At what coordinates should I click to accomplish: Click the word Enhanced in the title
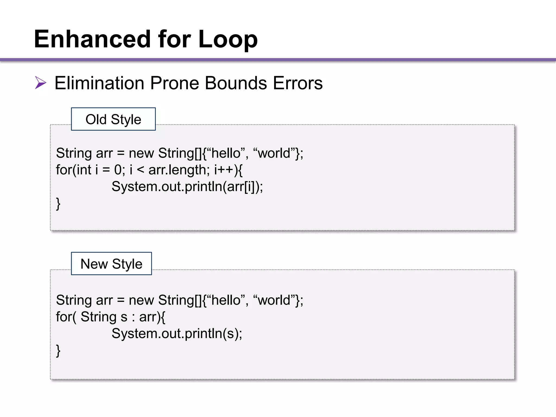pyautogui.click(x=92, y=39)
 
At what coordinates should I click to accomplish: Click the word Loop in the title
pyautogui.click(x=228, y=40)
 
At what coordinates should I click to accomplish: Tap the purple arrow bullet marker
pyautogui.click(x=40, y=83)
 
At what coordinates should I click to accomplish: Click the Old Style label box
pyautogui.click(x=113, y=119)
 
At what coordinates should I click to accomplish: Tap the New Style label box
pyautogui.click(x=111, y=264)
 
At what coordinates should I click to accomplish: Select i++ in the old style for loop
pyautogui.click(x=223, y=170)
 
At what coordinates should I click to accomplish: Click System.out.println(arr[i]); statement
pyautogui.click(x=187, y=187)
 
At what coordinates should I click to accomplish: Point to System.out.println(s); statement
pyautogui.click(x=177, y=333)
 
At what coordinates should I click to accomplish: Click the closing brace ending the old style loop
pyautogui.click(x=58, y=204)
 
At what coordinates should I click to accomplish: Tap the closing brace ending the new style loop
pyautogui.click(x=58, y=350)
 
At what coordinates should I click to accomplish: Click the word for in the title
pyautogui.click(x=174, y=39)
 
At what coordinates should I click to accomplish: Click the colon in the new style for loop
pyautogui.click(x=133, y=317)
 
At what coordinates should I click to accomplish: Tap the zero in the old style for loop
pyautogui.click(x=118, y=170)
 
